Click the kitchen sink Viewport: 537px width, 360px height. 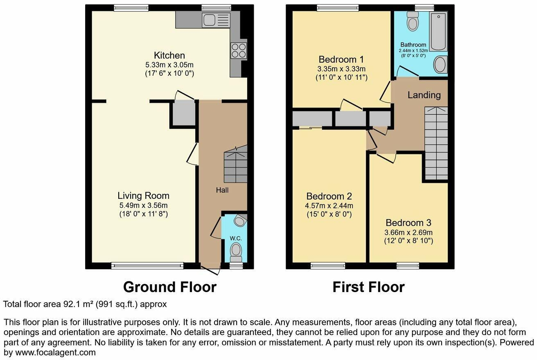216,20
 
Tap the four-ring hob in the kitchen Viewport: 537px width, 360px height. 239,51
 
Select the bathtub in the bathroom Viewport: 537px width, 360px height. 438,32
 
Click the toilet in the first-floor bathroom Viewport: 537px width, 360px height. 413,21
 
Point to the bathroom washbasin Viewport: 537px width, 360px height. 440,64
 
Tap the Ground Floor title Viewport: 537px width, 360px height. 170,287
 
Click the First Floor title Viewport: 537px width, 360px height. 369,287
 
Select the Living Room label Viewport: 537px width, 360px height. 143,196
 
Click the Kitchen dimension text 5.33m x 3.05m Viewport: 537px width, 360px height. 169,65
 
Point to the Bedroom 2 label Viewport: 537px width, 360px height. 329,196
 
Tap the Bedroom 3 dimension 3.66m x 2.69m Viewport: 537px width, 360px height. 408,232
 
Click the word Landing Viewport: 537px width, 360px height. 424,95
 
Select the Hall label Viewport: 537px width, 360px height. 222,190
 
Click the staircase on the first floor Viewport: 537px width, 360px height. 436,143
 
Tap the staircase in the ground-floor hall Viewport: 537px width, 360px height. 235,165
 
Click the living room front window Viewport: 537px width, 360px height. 147,265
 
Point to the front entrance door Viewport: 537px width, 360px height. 210,270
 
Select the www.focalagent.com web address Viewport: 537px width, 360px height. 55,353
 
